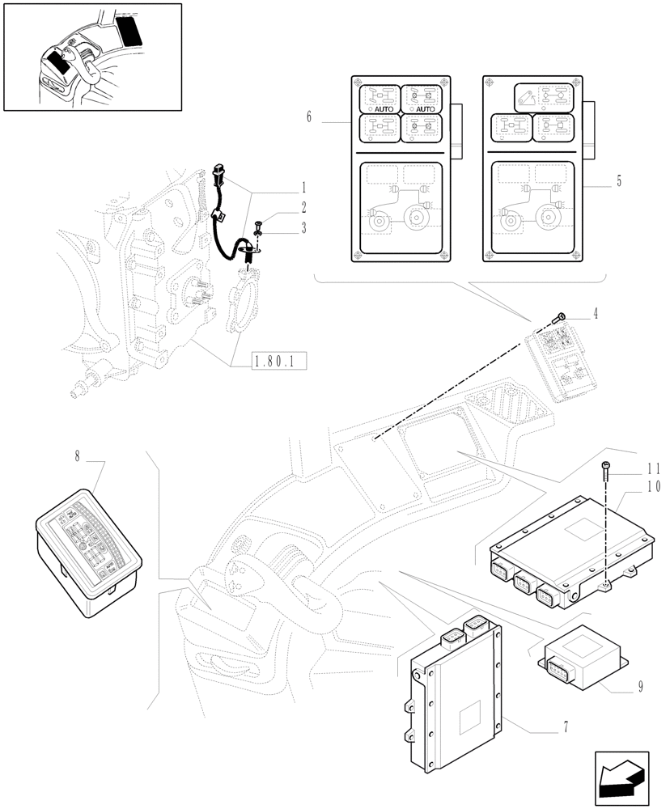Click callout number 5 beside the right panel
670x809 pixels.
[x=619, y=181]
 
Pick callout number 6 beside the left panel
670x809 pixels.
[x=309, y=117]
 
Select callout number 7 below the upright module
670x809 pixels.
[x=566, y=726]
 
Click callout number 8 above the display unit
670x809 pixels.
[x=77, y=458]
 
